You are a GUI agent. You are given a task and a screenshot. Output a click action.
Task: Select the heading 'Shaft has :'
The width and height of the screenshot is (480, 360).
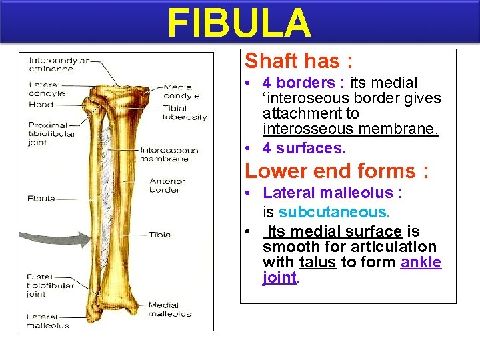pyautogui.click(x=299, y=61)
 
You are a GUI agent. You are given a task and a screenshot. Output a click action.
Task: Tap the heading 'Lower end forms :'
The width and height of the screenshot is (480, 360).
pyautogui.click(x=336, y=171)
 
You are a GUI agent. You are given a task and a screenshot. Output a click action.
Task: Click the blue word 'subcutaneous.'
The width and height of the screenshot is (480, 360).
pyautogui.click(x=334, y=212)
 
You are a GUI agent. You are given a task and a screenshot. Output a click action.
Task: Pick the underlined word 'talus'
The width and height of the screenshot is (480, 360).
pyautogui.click(x=317, y=262)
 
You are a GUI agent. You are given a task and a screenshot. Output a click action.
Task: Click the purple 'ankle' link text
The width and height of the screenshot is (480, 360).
pyautogui.click(x=421, y=262)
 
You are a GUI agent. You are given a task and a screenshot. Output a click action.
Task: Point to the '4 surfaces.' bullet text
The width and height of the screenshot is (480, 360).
pyautogui.click(x=303, y=147)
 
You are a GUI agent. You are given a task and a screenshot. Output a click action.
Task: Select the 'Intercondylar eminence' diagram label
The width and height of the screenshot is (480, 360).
pyautogui.click(x=59, y=64)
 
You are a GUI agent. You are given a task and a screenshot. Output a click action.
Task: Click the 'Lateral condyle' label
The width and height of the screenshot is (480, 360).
pyautogui.click(x=47, y=89)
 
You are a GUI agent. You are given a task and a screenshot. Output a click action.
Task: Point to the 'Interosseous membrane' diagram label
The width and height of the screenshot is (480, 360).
pyautogui.click(x=169, y=154)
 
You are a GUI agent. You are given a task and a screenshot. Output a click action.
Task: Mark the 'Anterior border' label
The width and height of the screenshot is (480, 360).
pyautogui.click(x=167, y=185)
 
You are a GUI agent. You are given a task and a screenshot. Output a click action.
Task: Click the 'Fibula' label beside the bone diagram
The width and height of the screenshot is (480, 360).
pyautogui.click(x=41, y=199)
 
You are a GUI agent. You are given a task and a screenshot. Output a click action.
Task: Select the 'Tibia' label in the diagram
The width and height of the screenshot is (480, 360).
pyautogui.click(x=159, y=235)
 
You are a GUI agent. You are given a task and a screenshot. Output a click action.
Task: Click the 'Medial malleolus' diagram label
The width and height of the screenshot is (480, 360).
pyautogui.click(x=169, y=309)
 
